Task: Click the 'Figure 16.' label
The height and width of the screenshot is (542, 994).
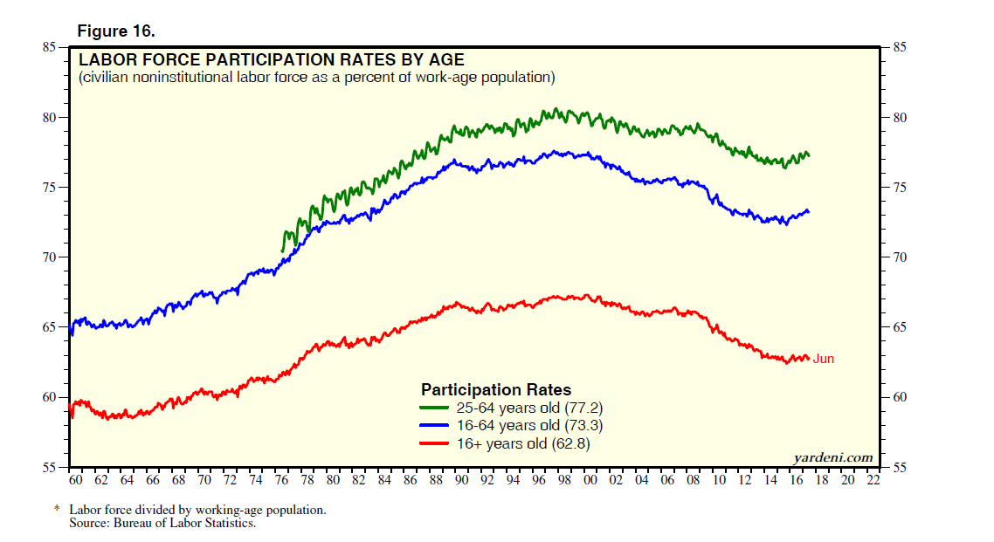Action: (x=116, y=31)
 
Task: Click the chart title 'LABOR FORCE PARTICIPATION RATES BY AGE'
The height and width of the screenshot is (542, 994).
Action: (x=272, y=60)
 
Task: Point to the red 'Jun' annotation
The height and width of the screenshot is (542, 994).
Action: (x=824, y=359)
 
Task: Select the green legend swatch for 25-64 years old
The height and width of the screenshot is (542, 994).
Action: (x=434, y=408)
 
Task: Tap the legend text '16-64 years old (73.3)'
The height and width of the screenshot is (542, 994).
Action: (x=529, y=426)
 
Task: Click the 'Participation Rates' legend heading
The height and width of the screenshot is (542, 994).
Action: (x=496, y=389)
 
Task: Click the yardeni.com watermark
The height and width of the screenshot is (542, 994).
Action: (x=832, y=457)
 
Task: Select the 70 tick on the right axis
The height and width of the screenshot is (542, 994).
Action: (x=899, y=257)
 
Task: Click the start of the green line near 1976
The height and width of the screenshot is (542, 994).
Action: (x=282, y=251)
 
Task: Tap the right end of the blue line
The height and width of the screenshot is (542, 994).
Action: (x=809, y=211)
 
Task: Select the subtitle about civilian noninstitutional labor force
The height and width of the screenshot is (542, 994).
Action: (x=316, y=78)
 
